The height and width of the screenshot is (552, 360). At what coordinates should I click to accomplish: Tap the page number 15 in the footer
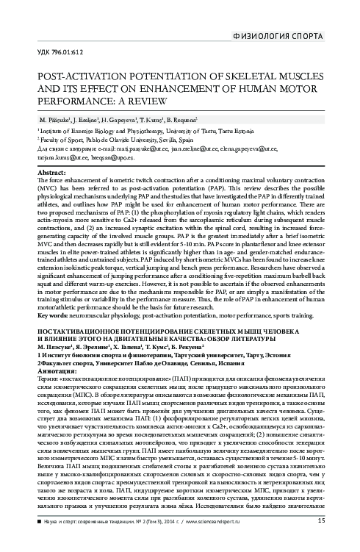coord(321,542)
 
